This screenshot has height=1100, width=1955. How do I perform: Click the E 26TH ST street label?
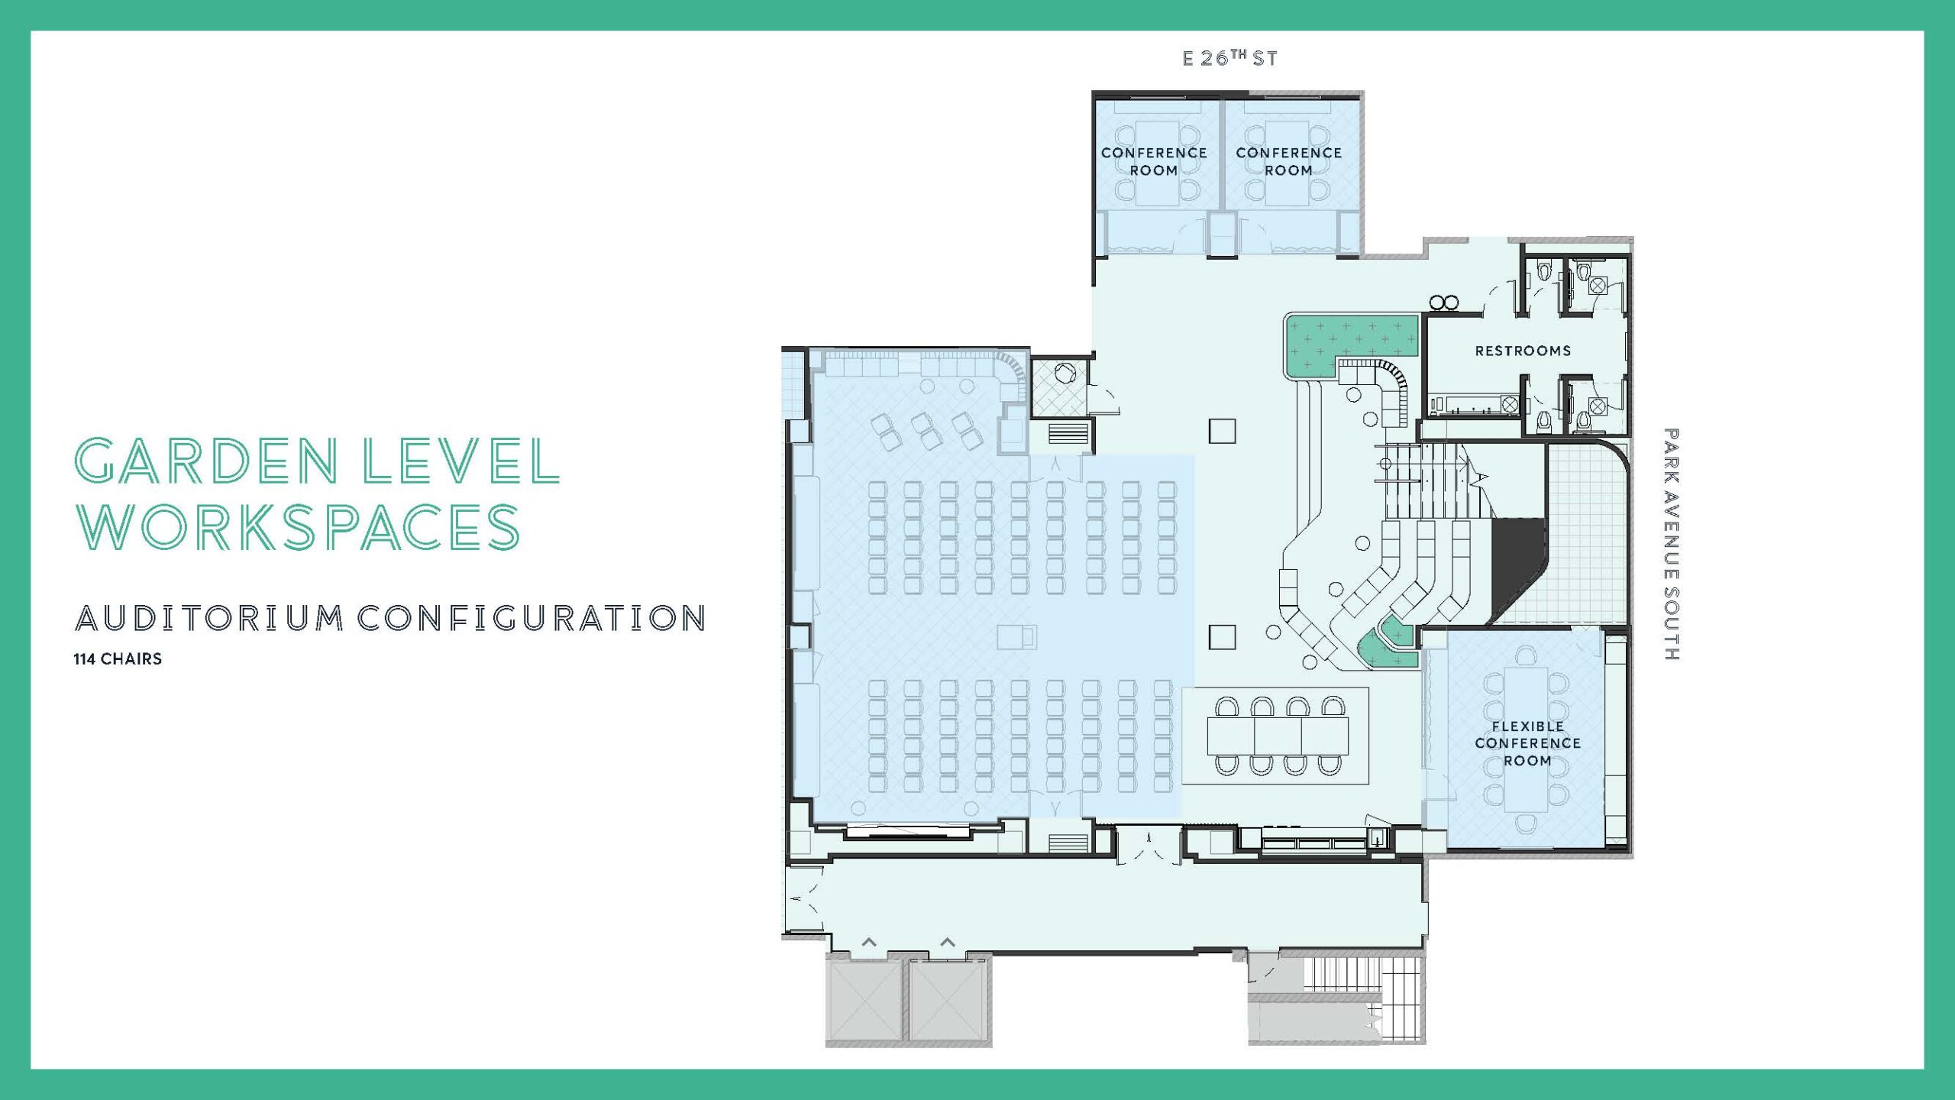click(1230, 58)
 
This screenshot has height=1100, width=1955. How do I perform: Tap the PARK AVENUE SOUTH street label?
click(1671, 544)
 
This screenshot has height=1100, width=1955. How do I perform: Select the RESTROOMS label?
click(1523, 351)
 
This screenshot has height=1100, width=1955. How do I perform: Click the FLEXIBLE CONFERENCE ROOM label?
click(1527, 743)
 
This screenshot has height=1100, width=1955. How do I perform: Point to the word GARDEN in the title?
click(206, 461)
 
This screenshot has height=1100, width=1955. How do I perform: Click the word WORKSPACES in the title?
click(298, 526)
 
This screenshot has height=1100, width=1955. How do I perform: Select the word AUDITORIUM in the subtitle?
click(209, 619)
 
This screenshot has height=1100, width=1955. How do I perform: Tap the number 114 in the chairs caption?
click(84, 659)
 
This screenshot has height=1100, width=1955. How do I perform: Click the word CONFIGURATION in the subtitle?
click(532, 619)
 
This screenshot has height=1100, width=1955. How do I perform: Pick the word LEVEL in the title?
click(461, 461)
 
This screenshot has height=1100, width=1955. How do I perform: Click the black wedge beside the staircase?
click(1518, 565)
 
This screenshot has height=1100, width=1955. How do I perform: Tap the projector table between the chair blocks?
click(1017, 636)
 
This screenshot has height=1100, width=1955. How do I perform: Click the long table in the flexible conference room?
click(1526, 739)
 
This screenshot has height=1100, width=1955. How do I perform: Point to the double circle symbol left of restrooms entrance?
click(1443, 302)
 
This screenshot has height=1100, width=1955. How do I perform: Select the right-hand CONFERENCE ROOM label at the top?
click(1288, 161)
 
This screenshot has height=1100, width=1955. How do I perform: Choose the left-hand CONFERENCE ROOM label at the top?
click(1154, 161)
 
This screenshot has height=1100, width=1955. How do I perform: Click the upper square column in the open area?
click(1222, 431)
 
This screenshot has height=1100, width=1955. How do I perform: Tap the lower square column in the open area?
click(1222, 637)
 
